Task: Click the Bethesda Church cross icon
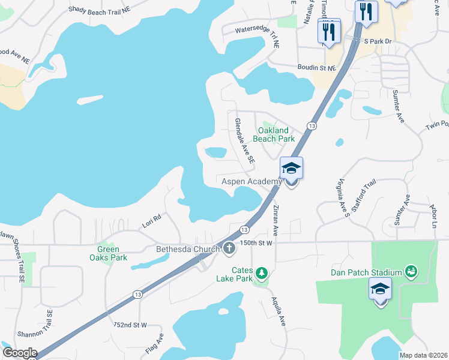(x=229, y=248)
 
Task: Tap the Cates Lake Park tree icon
(x=261, y=274)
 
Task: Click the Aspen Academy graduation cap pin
(x=291, y=168)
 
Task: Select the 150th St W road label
(x=256, y=243)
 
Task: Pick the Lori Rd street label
(x=152, y=220)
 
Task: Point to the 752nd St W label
(x=130, y=325)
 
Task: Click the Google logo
(x=19, y=353)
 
